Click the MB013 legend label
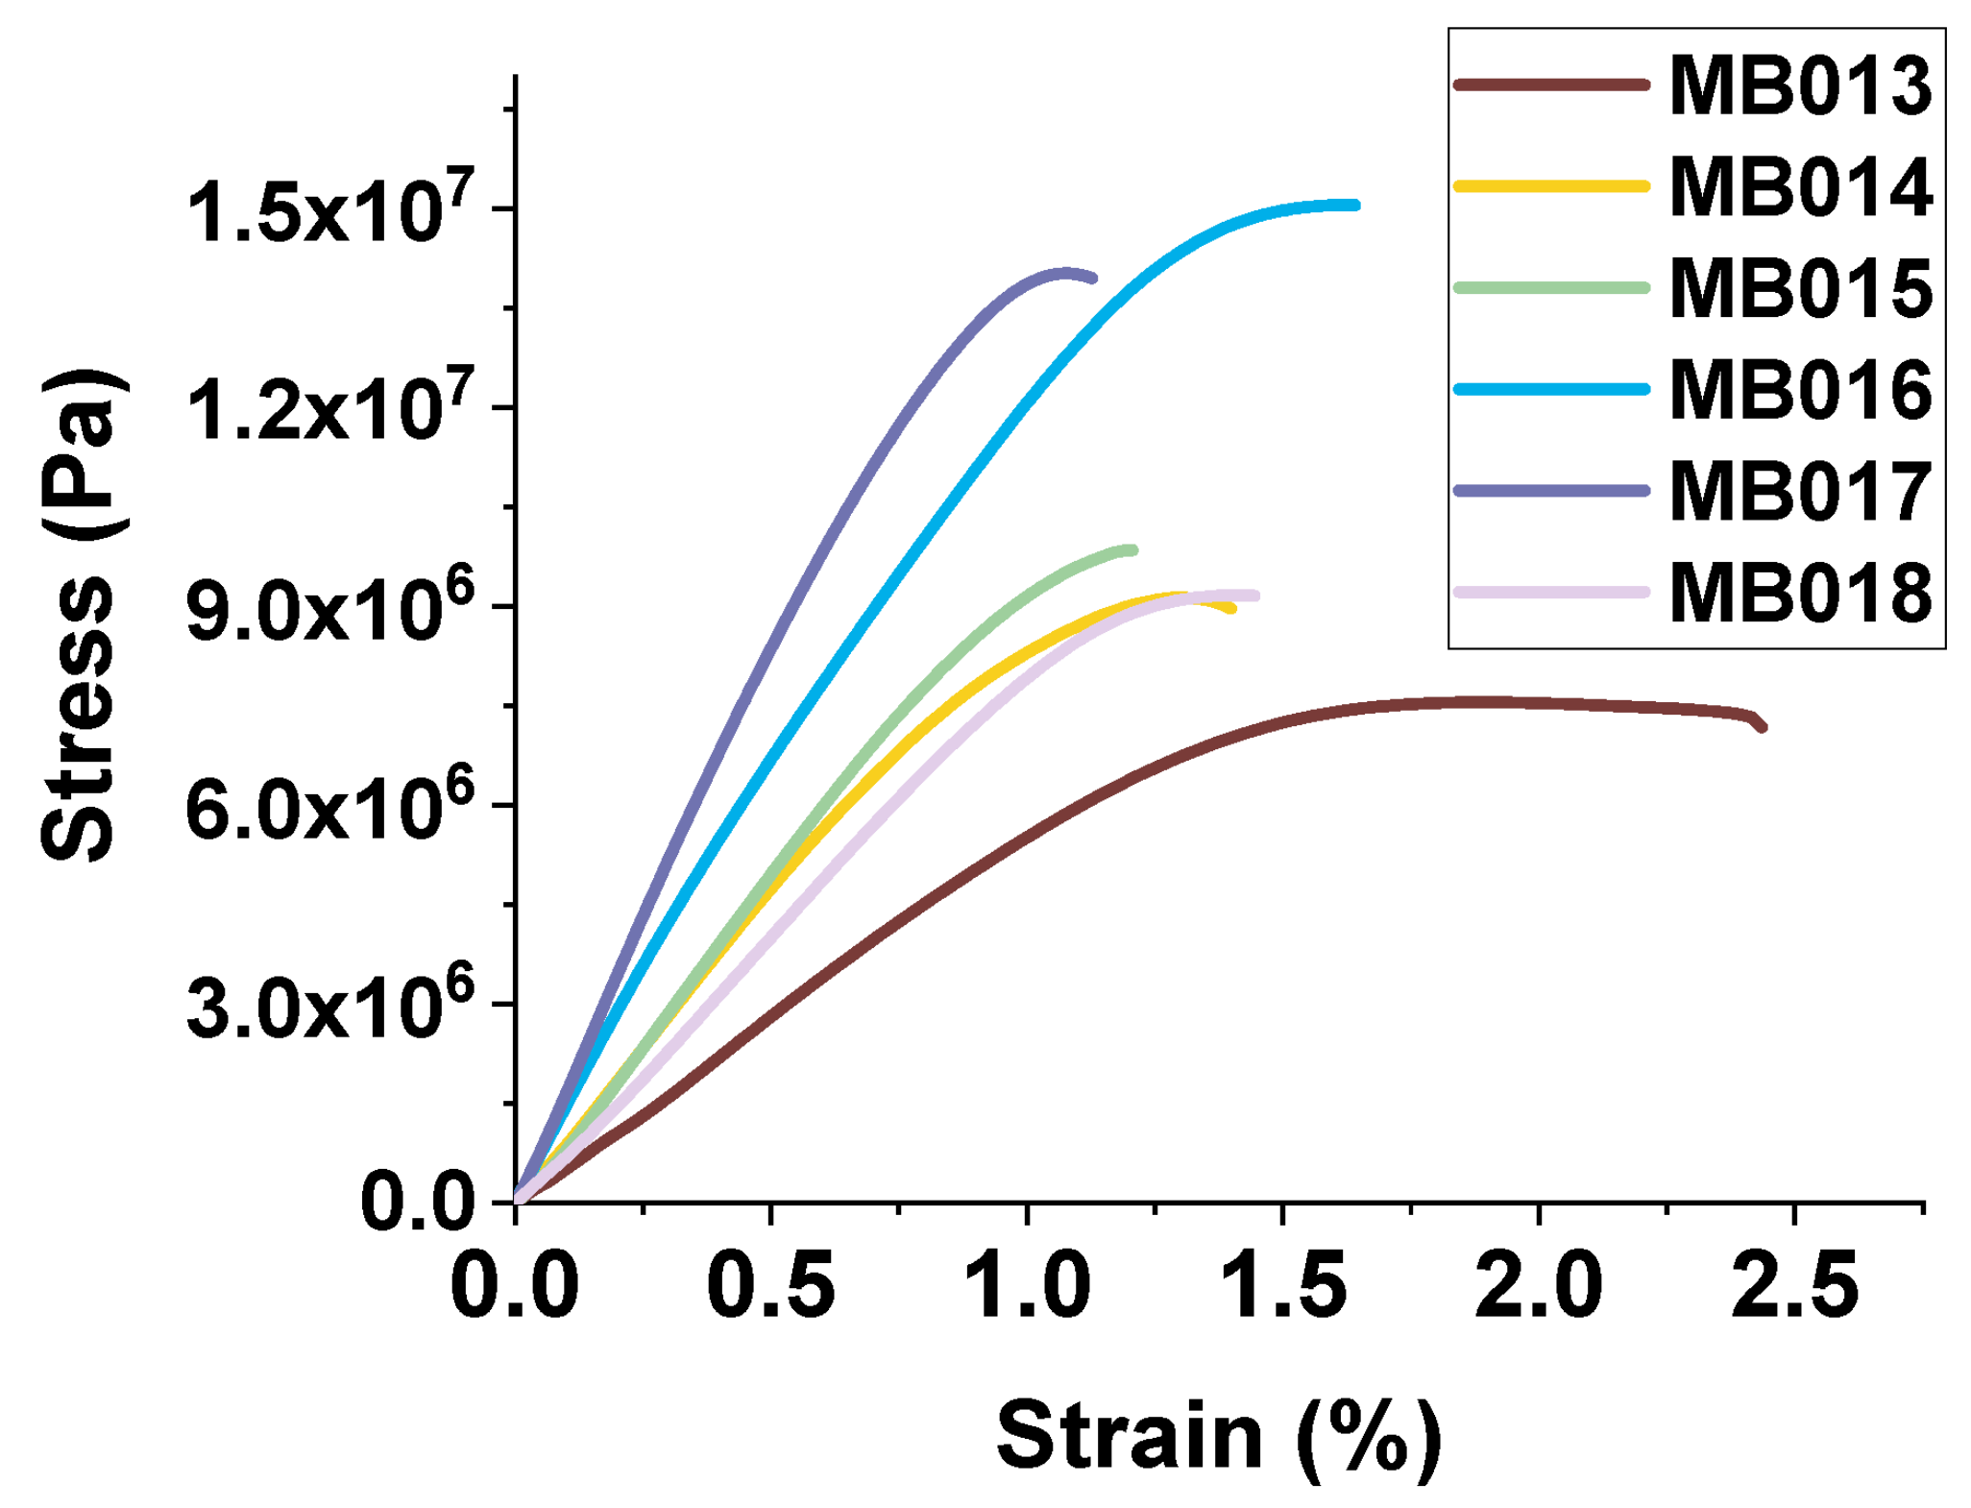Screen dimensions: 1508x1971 [1799, 86]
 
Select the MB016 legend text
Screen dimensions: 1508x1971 [1799, 390]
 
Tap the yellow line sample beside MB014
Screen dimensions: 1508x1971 [1551, 186]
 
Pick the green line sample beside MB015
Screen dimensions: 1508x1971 [1551, 288]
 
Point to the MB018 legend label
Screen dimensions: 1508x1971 [1799, 594]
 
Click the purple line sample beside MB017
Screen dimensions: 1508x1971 [1551, 491]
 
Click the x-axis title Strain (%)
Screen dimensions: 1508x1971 [1218, 1437]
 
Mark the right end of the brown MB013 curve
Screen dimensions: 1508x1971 [1763, 728]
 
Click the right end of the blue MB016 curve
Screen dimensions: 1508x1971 [1355, 205]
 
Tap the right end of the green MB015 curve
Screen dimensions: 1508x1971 [1133, 550]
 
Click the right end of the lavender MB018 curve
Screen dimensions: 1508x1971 [1254, 596]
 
